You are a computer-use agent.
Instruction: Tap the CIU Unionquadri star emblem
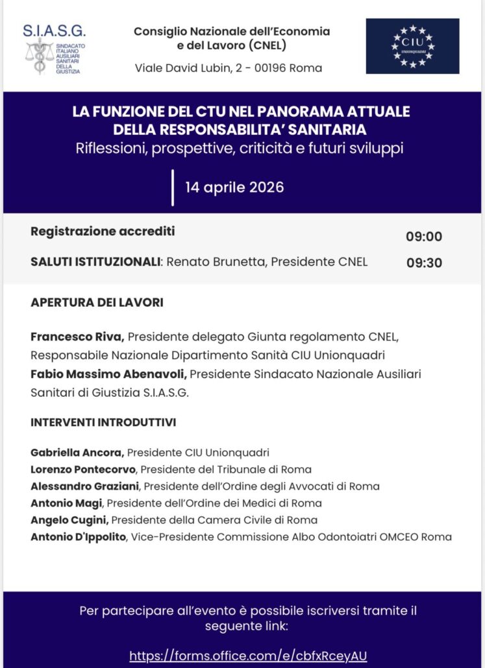point(412,46)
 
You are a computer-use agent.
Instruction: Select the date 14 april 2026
point(234,187)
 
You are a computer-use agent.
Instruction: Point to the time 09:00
point(424,236)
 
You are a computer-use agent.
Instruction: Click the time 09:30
point(424,263)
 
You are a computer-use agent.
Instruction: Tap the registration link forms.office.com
point(248,655)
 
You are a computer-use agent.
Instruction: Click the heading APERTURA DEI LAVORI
point(97,303)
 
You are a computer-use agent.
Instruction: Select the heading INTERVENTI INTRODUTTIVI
point(103,423)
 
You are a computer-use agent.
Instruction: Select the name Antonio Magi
point(68,503)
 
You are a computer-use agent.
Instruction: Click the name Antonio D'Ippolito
point(77,537)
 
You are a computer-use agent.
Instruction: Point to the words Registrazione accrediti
point(103,232)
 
